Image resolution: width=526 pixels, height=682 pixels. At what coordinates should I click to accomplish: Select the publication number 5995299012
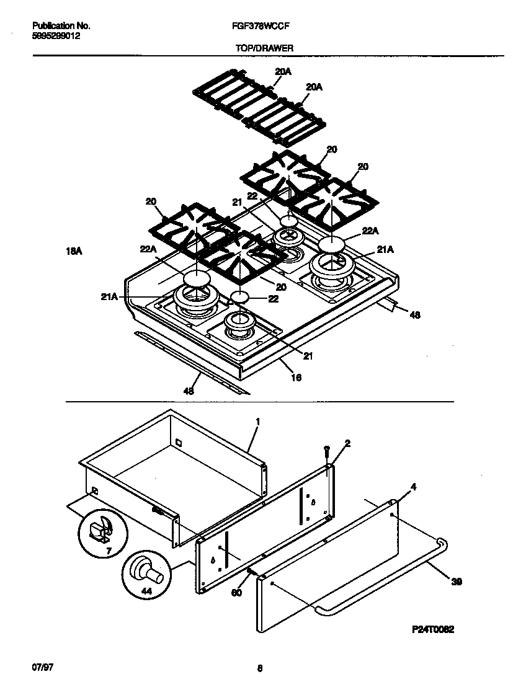[56, 36]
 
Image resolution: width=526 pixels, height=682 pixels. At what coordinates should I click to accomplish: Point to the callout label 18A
[74, 251]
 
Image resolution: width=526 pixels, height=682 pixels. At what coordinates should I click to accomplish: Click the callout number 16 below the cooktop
[296, 377]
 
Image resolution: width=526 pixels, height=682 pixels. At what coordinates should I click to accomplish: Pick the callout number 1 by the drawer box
[257, 421]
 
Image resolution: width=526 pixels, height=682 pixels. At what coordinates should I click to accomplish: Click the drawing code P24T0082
[433, 629]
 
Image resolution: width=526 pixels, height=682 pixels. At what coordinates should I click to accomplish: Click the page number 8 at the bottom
[261, 668]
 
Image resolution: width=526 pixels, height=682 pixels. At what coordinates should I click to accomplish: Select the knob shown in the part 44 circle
[151, 569]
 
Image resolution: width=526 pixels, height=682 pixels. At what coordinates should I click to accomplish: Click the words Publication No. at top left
[60, 27]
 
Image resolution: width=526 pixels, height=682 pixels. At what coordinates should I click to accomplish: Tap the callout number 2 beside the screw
[347, 443]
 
